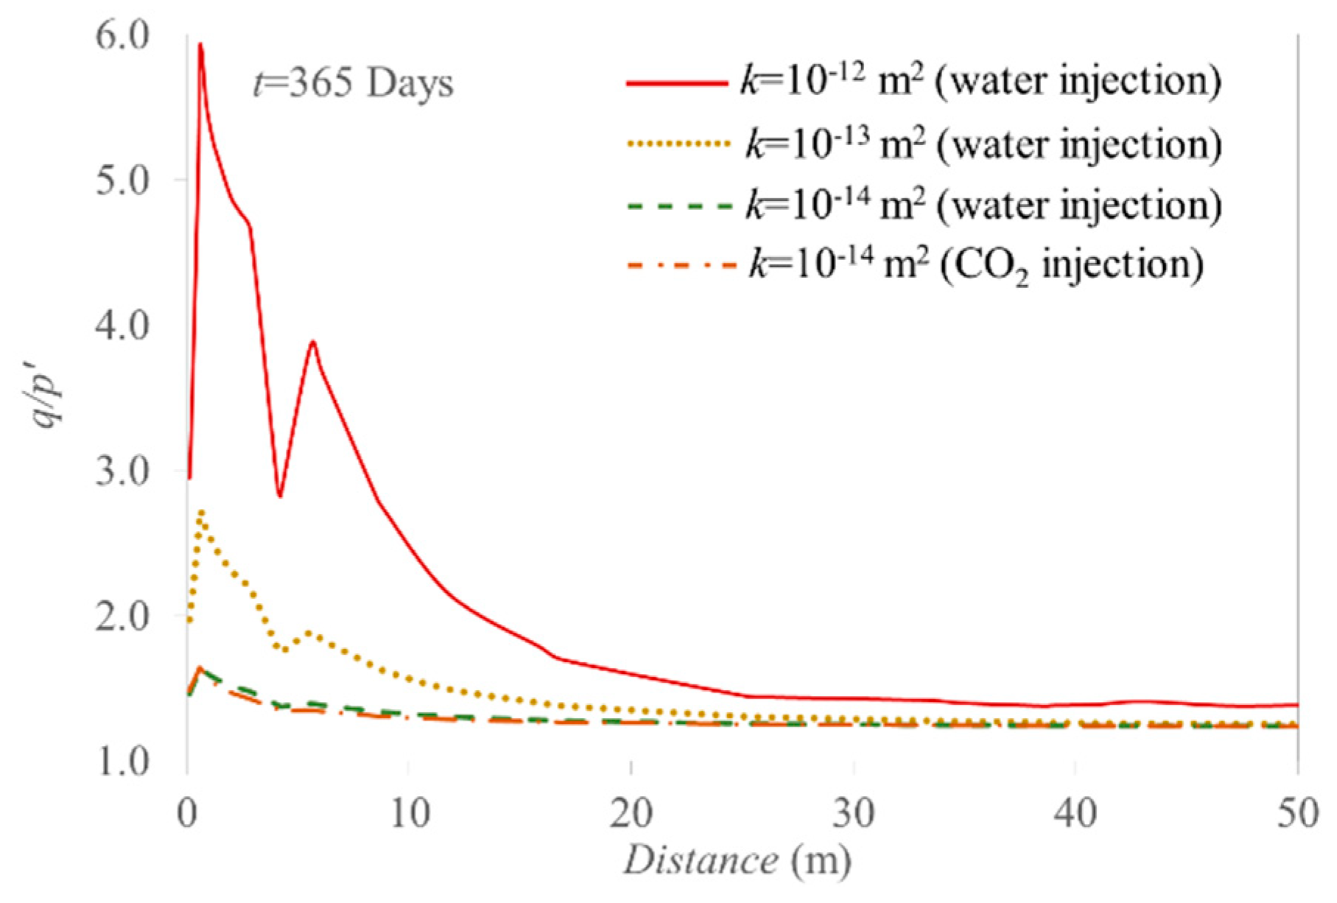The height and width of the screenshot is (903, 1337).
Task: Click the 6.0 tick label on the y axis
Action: click(122, 35)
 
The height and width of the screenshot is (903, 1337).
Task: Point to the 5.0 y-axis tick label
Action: click(122, 180)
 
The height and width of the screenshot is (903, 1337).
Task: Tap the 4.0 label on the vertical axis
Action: click(122, 326)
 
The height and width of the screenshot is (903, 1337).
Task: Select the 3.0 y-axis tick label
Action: click(122, 471)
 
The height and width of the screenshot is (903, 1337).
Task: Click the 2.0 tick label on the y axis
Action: click(122, 616)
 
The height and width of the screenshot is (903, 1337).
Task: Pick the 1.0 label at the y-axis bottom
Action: click(122, 761)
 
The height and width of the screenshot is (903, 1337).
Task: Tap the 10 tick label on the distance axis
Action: click(410, 815)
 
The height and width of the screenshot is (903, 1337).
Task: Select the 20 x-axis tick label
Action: click(632, 815)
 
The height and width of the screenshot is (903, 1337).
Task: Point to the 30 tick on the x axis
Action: click(854, 815)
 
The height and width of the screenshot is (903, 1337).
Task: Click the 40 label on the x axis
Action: click(1075, 815)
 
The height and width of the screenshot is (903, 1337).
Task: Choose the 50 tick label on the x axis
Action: click(1298, 815)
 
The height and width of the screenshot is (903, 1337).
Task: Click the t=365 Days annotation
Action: click(353, 83)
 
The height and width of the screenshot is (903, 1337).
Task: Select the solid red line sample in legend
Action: click(676, 84)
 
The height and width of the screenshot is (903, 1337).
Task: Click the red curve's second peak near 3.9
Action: click(313, 342)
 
